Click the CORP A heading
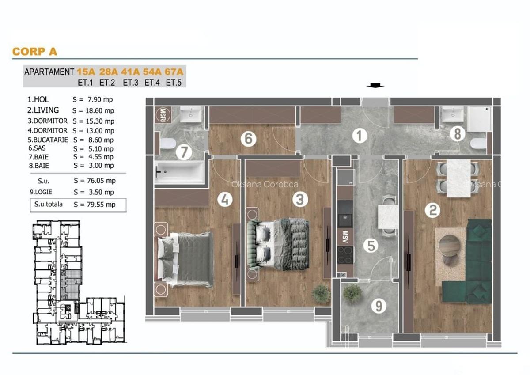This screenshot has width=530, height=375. point(34,51)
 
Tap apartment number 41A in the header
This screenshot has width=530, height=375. point(131,72)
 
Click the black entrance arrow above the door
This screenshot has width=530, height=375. point(375,86)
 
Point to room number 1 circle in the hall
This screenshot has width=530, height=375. point(360,136)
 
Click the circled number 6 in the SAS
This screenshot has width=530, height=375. point(248,139)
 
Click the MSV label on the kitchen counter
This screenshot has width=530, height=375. point(345,235)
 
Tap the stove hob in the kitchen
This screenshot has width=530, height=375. point(345,254)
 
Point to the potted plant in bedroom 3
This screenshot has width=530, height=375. point(321,293)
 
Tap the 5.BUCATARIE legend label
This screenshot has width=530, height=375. point(48,140)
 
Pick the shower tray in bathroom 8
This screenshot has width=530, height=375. point(479,119)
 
